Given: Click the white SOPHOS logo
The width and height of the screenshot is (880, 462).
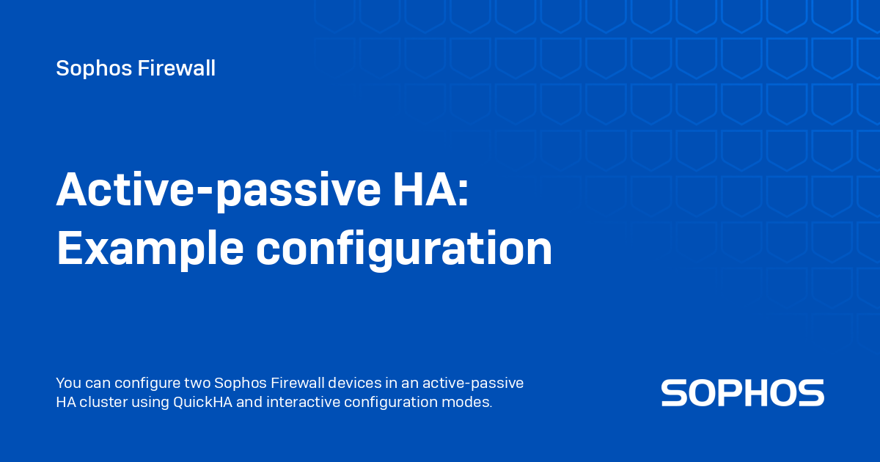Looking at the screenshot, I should click(x=742, y=393).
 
